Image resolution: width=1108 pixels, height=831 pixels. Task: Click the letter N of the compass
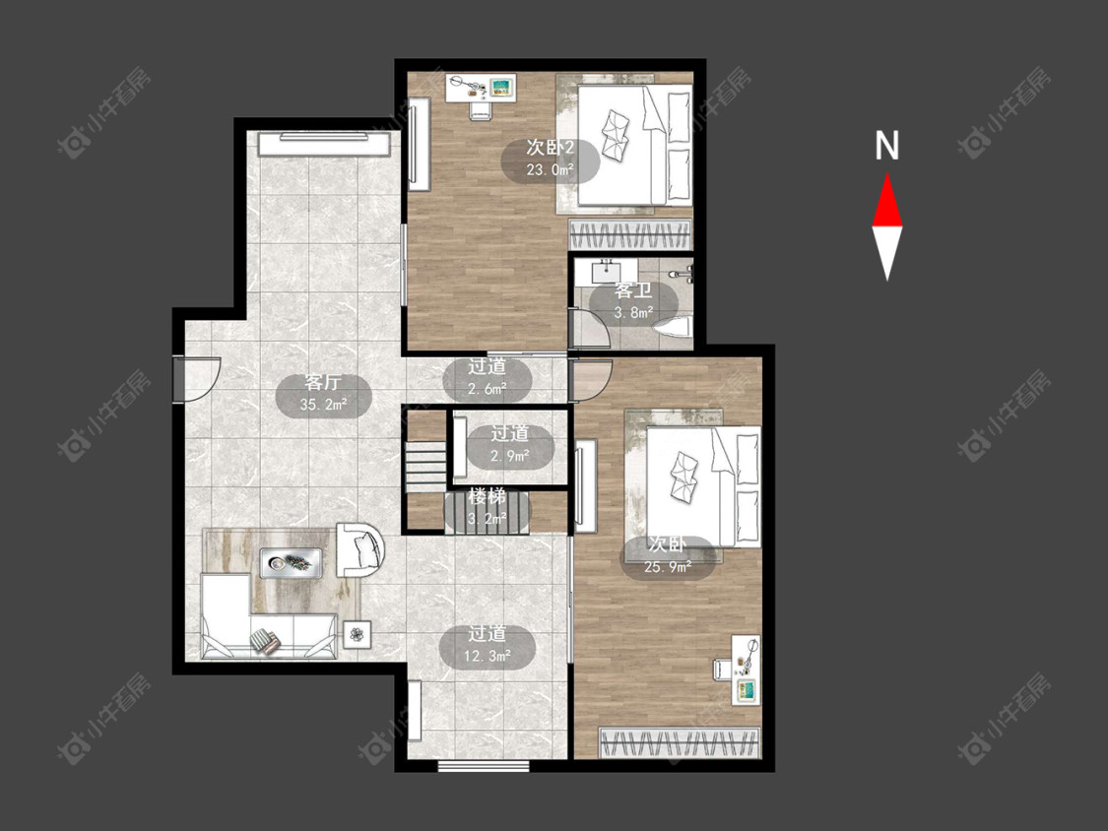(886, 146)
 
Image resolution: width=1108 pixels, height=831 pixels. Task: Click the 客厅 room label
(324, 382)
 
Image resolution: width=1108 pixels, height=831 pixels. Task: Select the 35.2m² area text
(324, 405)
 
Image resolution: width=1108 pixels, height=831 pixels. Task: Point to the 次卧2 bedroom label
(551, 148)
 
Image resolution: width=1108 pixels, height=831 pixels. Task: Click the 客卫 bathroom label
(633, 290)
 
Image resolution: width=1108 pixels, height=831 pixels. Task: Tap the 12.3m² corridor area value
(488, 657)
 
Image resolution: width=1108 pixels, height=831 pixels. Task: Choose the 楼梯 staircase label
(488, 496)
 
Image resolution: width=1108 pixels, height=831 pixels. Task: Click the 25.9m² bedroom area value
(668, 567)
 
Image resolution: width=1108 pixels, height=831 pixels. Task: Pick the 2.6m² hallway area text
(488, 389)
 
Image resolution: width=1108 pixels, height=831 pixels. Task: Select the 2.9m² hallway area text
(510, 456)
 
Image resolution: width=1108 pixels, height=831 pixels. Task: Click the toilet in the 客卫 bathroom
(673, 331)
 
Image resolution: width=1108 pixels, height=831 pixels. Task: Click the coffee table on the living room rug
(292, 563)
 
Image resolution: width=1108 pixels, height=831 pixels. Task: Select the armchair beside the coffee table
(359, 549)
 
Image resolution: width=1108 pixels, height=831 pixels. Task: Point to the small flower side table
(358, 634)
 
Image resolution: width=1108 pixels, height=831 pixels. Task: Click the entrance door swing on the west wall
(198, 379)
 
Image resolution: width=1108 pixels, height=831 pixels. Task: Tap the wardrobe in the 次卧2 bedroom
(630, 234)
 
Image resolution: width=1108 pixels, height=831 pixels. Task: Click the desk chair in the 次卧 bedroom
(722, 669)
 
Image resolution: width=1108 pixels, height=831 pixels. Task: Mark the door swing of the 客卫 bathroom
(589, 327)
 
